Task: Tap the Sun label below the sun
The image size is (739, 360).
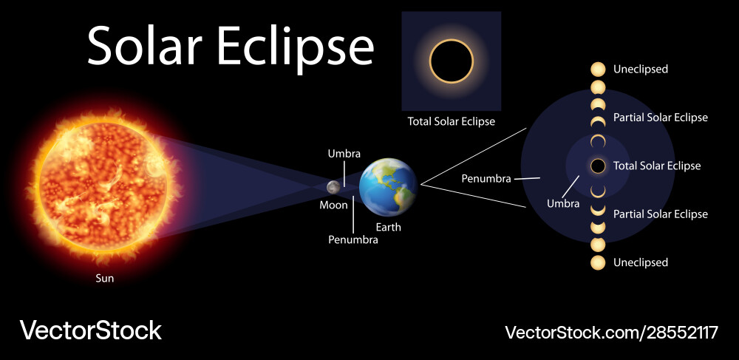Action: coord(105,279)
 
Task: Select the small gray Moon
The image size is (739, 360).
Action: coord(334,187)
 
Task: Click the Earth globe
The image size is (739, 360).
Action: coord(388,186)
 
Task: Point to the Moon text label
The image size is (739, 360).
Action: coord(333,206)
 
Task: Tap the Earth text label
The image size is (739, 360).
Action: coord(389,227)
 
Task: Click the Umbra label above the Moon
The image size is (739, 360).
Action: coord(344,154)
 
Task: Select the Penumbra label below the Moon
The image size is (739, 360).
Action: coord(353,240)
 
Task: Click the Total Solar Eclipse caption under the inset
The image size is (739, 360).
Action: coord(452,121)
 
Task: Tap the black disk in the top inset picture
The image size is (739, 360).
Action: coord(452,61)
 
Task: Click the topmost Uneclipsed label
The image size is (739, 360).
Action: coord(640,69)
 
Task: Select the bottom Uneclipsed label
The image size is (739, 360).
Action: coord(640,262)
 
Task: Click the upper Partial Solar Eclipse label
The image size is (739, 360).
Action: coord(660,118)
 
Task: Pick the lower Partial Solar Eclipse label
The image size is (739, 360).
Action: coord(660,214)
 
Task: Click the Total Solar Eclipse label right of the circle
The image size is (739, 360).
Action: coord(657,166)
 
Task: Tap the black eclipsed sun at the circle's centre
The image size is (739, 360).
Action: coord(598,166)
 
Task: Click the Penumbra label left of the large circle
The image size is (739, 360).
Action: coord(486,179)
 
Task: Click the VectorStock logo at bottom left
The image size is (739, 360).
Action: coord(90,330)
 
